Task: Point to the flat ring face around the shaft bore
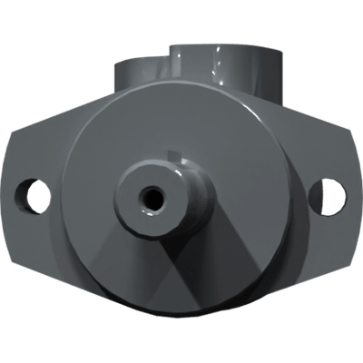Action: coord(136,205)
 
